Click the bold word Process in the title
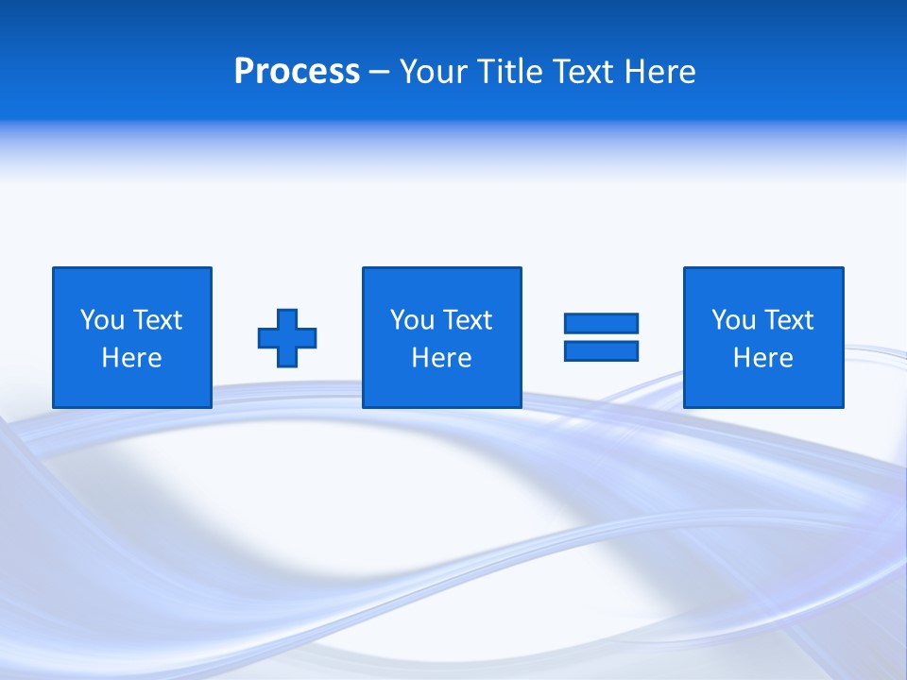point(297,72)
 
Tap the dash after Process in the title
point(379,73)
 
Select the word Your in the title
point(430,72)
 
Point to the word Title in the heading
point(505,72)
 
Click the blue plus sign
point(287,337)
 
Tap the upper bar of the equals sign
point(601,323)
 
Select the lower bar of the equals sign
point(601,350)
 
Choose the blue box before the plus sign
point(132,283)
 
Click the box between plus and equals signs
point(441,283)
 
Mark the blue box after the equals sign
point(763,283)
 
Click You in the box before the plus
point(102,320)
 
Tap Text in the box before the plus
point(156,320)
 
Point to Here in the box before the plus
point(131,358)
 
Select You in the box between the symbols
point(412,320)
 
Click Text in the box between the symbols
point(466,320)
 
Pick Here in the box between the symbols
point(441,358)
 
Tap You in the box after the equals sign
point(733,320)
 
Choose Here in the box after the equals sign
point(762,358)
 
